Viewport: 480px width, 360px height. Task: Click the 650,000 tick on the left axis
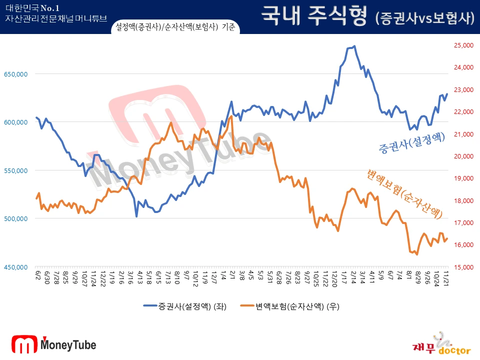click(15, 74)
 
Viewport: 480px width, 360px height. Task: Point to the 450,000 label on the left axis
click(15, 267)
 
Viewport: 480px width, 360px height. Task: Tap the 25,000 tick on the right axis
click(463, 45)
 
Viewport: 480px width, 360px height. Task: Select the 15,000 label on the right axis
click(463, 267)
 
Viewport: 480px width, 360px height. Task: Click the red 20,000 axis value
click(463, 156)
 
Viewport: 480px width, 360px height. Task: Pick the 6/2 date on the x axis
click(37, 275)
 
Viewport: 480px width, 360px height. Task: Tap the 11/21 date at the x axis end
click(446, 276)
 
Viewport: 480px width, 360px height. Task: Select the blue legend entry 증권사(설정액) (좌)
click(184, 306)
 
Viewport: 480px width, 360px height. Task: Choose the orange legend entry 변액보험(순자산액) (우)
click(290, 306)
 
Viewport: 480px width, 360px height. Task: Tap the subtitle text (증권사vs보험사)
click(424, 18)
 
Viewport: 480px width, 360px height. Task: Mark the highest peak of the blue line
click(354, 46)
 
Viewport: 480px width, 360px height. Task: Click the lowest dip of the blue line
click(136, 216)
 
